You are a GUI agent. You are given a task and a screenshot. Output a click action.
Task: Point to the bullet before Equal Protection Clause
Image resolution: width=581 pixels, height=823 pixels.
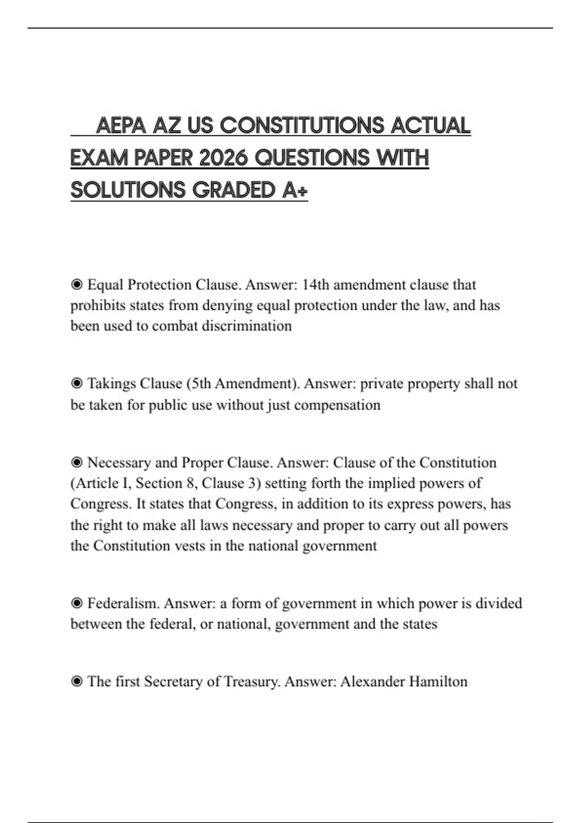[76, 285]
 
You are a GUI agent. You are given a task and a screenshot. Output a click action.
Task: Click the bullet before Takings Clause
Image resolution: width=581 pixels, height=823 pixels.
[76, 383]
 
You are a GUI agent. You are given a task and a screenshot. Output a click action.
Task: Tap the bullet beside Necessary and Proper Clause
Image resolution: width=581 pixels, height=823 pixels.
[76, 463]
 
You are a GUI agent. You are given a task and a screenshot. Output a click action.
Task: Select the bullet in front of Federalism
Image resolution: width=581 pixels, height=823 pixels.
[76, 603]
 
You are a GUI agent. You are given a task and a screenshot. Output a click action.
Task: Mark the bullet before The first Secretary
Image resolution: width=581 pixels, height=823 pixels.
[76, 682]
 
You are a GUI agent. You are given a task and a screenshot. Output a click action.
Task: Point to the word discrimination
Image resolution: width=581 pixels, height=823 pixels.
[246, 326]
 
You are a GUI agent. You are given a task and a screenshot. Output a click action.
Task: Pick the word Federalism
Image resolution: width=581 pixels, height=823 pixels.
[123, 603]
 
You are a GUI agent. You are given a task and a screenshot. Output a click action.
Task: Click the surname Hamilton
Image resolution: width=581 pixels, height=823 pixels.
[438, 682]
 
